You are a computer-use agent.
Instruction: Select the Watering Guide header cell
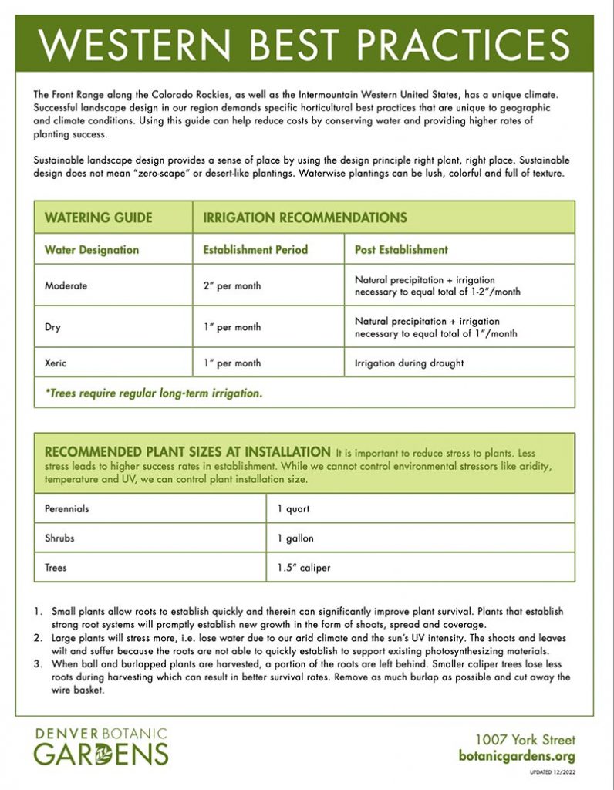(x=98, y=218)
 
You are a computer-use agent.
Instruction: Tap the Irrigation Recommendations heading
(x=304, y=218)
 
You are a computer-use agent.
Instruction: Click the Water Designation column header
(x=92, y=250)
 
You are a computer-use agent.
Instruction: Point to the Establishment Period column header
(x=255, y=250)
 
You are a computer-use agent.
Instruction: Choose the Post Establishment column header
(x=401, y=250)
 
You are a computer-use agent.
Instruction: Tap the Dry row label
(x=52, y=327)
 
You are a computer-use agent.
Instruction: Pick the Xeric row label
(x=56, y=363)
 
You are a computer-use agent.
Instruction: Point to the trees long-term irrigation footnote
(x=153, y=393)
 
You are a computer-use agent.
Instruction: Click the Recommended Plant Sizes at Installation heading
(x=187, y=451)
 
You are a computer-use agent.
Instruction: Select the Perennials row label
(x=67, y=509)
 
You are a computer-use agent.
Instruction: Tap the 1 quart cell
(x=293, y=509)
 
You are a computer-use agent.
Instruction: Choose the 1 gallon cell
(x=295, y=538)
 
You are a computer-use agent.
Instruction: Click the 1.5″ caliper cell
(x=304, y=568)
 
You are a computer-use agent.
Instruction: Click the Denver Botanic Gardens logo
(x=100, y=744)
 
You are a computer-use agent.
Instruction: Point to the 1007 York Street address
(x=525, y=740)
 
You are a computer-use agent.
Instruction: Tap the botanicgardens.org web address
(x=517, y=756)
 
